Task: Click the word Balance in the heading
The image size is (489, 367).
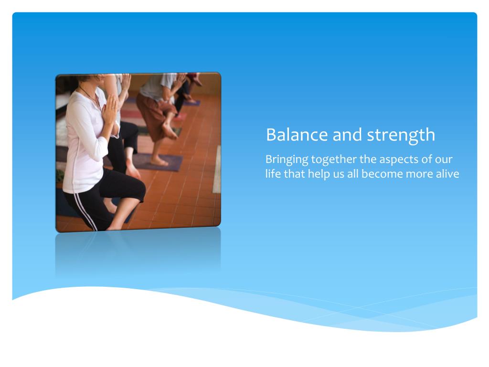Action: pyautogui.click(x=297, y=135)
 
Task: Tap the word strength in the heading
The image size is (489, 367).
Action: pyautogui.click(x=401, y=136)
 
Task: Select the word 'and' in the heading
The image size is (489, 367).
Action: pyautogui.click(x=347, y=135)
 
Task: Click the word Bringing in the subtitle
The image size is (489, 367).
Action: pyautogui.click(x=287, y=160)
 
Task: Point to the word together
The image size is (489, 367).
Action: pyautogui.click(x=334, y=160)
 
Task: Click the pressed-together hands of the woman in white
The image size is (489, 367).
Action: pyautogui.click(x=110, y=110)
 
